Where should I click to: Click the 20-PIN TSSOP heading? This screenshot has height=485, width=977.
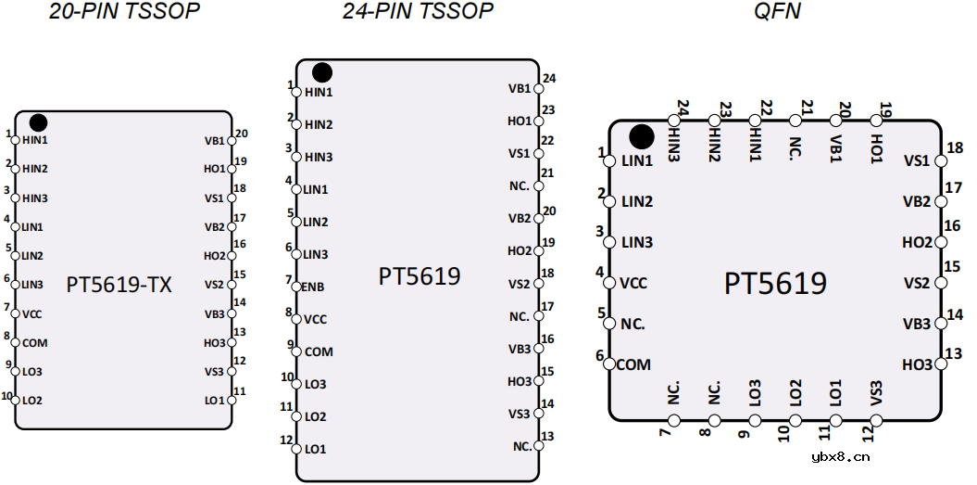(x=125, y=10)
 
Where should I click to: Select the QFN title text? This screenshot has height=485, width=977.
(x=776, y=10)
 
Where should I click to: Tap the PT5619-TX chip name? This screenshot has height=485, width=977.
(x=119, y=285)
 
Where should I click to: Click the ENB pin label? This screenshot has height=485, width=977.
(x=312, y=287)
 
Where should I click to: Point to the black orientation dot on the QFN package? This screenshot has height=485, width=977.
(x=642, y=136)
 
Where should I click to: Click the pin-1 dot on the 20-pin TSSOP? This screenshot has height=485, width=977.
(x=38, y=122)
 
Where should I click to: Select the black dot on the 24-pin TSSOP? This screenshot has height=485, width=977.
(x=322, y=72)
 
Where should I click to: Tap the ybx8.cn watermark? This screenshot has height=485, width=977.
(x=841, y=457)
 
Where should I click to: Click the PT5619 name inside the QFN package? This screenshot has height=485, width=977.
(x=775, y=284)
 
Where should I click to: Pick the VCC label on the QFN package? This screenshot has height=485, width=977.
(x=634, y=284)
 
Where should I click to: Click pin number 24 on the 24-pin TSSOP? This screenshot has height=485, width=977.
(x=549, y=79)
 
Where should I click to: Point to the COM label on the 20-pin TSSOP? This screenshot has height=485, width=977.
(x=35, y=343)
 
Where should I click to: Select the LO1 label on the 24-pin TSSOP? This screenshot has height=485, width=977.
(x=315, y=450)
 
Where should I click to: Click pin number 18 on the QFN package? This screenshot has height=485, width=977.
(x=955, y=148)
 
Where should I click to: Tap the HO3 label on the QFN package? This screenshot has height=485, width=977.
(x=917, y=364)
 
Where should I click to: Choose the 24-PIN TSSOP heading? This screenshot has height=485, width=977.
(x=418, y=10)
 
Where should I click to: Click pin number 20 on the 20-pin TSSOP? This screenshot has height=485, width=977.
(x=242, y=133)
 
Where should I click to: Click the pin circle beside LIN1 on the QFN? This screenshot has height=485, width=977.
(x=610, y=161)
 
